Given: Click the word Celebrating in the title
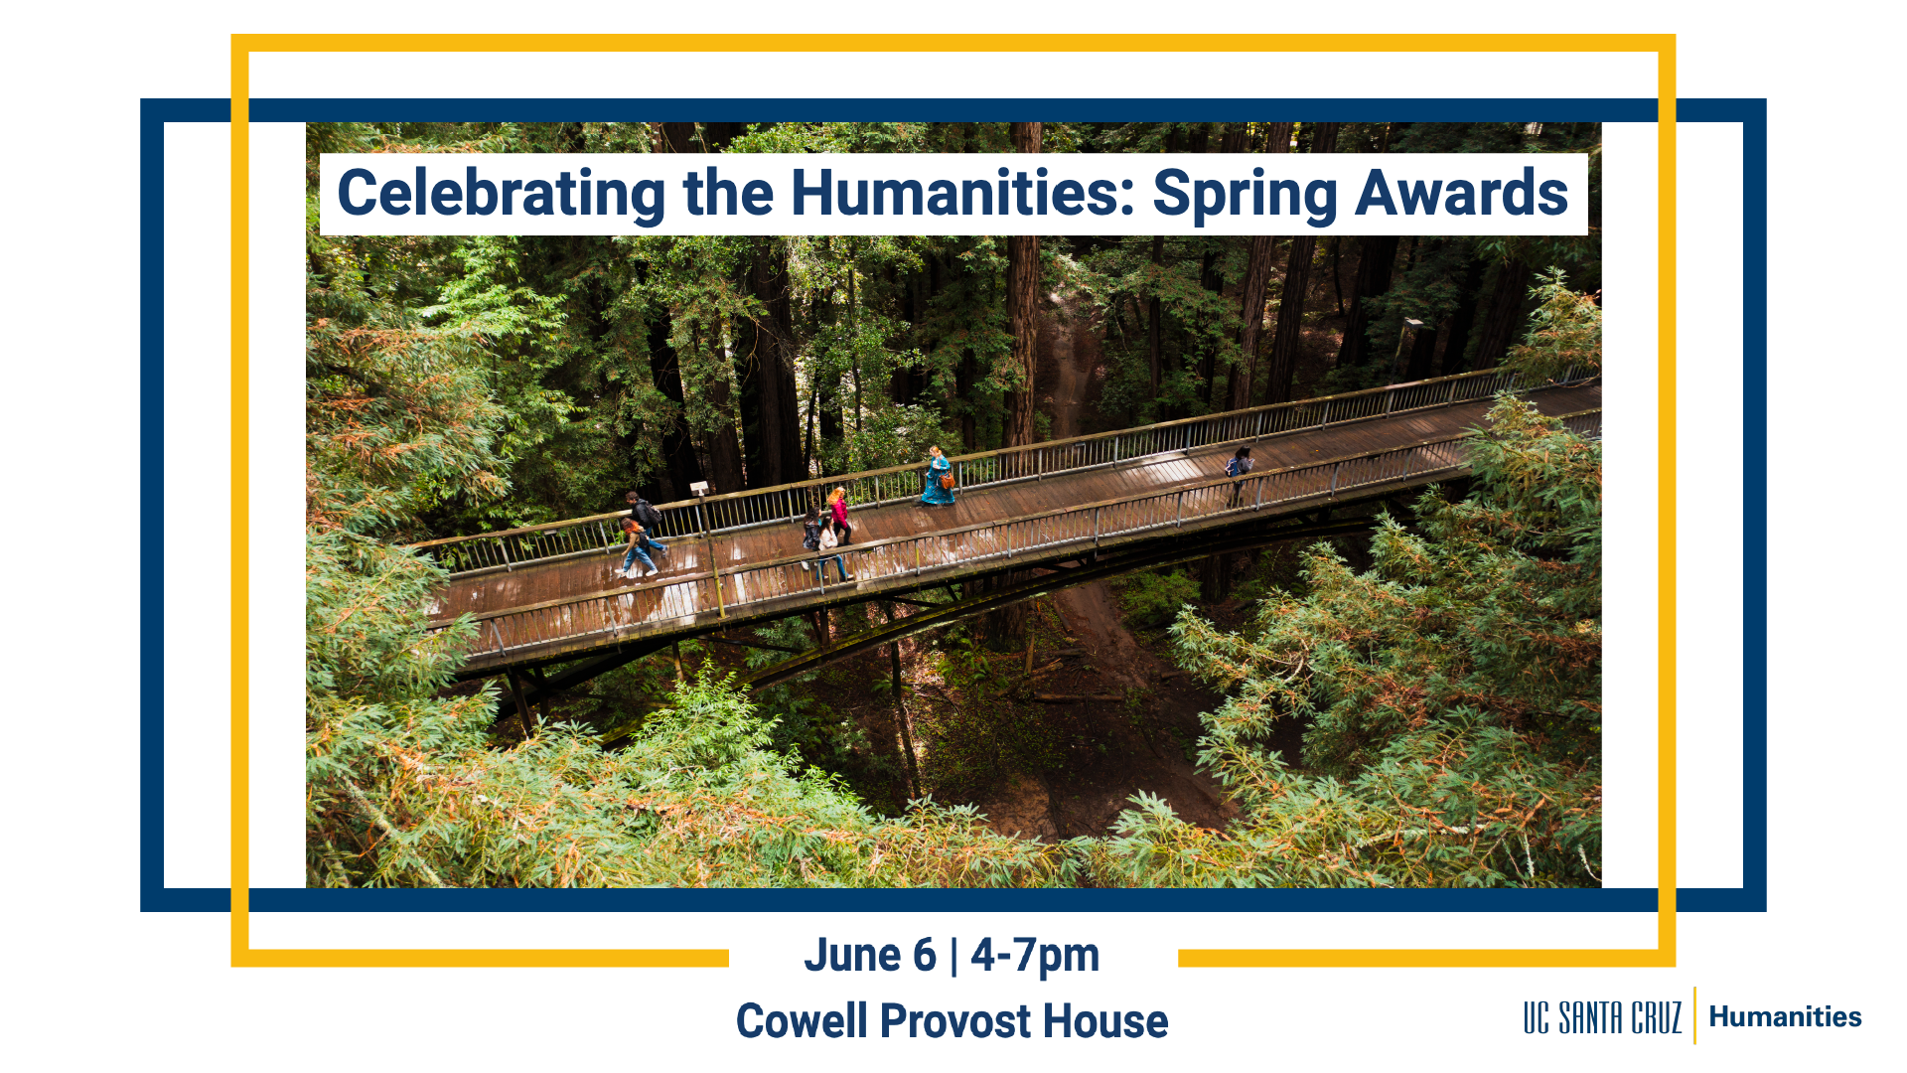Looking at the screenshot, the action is point(502,195).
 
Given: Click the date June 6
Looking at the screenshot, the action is point(870,955).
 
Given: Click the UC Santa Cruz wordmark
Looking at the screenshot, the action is point(1602,1017).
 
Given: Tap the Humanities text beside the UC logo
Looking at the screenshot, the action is point(1785,1016).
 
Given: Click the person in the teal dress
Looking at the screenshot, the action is point(937,476).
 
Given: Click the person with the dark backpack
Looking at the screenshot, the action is point(645,515).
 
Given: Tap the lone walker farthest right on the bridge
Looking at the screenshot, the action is point(1239,475).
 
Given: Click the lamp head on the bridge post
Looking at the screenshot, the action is point(699,488).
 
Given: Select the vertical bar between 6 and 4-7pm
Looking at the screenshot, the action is point(953,956).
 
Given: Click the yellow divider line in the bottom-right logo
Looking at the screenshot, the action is point(1694,1015).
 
